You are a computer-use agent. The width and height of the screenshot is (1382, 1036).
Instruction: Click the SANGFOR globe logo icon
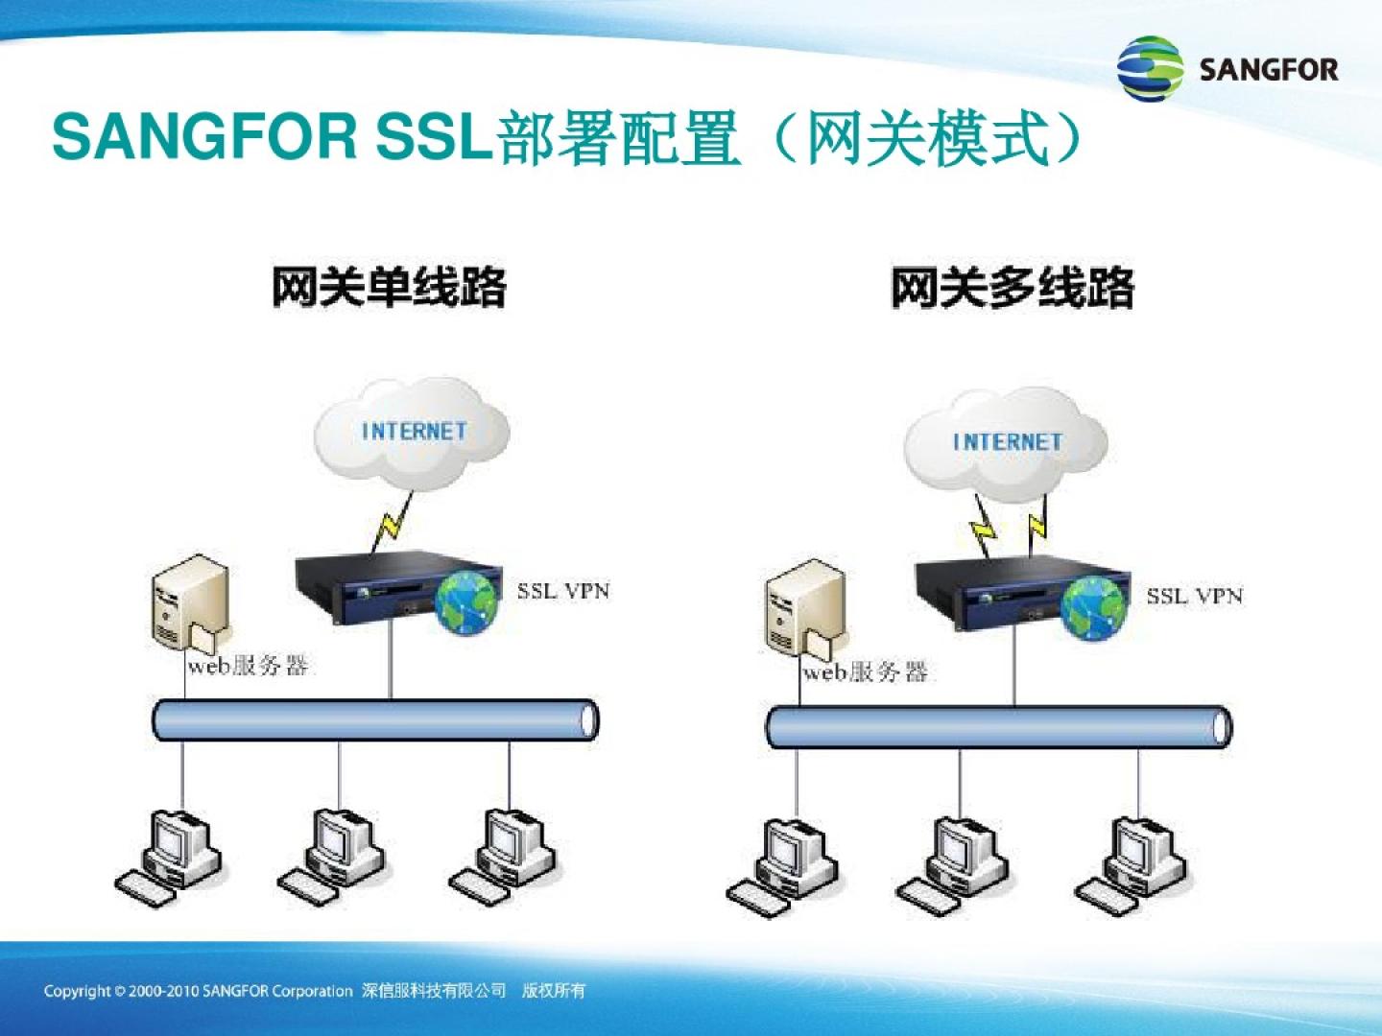pyautogui.click(x=1150, y=68)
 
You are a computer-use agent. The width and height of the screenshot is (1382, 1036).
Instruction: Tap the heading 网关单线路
pyautogui.click(x=390, y=288)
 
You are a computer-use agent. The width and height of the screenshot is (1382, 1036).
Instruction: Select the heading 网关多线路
pyautogui.click(x=1013, y=288)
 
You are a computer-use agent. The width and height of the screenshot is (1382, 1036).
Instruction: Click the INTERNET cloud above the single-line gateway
pyautogui.click(x=412, y=434)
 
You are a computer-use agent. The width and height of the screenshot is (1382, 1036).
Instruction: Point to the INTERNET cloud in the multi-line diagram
pyautogui.click(x=1006, y=443)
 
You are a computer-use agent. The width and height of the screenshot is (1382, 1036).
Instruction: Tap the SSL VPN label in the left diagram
pyautogui.click(x=562, y=591)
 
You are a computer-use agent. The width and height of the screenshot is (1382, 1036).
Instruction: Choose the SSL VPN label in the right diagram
pyautogui.click(x=1195, y=595)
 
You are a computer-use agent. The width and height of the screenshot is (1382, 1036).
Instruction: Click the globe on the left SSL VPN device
pyautogui.click(x=466, y=602)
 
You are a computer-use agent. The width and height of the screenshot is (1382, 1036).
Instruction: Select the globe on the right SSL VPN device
pyautogui.click(x=1093, y=607)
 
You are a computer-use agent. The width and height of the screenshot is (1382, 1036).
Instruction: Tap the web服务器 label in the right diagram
pyautogui.click(x=865, y=672)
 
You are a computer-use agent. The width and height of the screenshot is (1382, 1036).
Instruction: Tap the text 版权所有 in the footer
pyautogui.click(x=554, y=991)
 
